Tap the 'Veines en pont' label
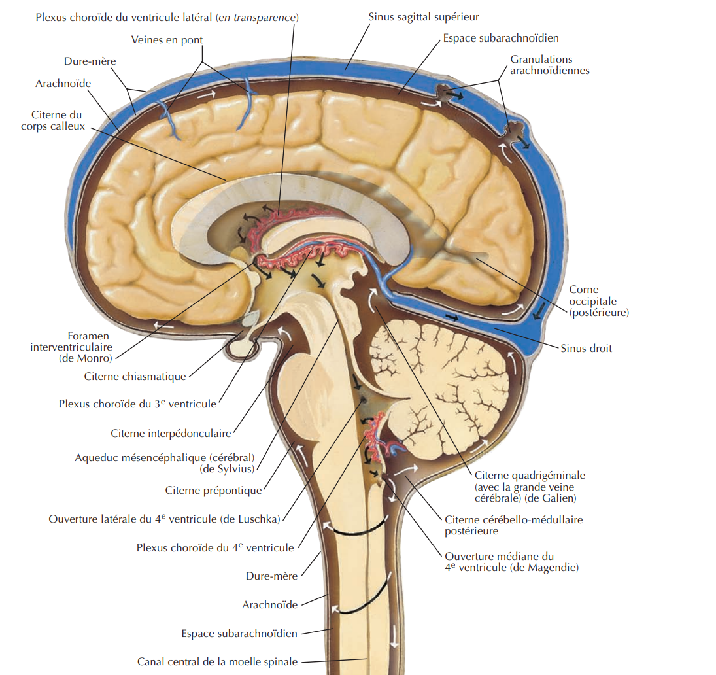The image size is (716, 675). click(x=167, y=40)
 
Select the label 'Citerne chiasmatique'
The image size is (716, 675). click(x=135, y=376)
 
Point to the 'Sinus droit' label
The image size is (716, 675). click(x=586, y=348)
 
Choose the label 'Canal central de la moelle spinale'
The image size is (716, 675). click(x=217, y=661)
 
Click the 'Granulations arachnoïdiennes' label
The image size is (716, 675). click(x=550, y=65)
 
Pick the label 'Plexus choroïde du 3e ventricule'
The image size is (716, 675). click(x=137, y=404)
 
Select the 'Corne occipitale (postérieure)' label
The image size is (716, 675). click(x=598, y=301)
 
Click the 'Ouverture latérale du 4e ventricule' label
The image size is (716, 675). click(x=164, y=519)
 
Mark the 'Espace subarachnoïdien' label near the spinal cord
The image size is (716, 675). click(x=239, y=633)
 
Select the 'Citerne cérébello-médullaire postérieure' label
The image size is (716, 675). click(x=513, y=525)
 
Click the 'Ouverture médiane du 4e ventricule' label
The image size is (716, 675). click(x=511, y=562)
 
